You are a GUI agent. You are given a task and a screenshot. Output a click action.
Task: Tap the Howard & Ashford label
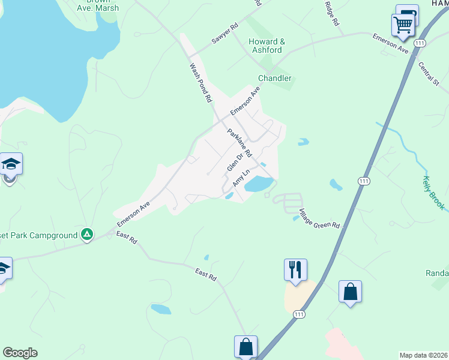pos(267,46)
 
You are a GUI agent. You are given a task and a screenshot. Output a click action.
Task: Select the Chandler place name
pos(274,79)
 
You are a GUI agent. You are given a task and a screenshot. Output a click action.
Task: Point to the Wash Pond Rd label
pos(201,82)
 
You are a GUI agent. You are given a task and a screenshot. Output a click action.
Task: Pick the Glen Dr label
pos(234,162)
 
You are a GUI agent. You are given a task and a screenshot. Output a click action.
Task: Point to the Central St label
pos(429,74)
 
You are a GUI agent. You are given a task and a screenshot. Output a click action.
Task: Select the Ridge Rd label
pos(332,13)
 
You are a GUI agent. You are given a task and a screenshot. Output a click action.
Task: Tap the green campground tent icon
pos(87,235)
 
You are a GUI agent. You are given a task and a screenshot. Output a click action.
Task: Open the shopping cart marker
pos(402,25)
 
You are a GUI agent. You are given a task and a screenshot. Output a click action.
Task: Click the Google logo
pos(20,353)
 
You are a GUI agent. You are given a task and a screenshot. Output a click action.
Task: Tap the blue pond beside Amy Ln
pos(260,184)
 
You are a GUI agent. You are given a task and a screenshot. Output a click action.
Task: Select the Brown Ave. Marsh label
pos(98,5)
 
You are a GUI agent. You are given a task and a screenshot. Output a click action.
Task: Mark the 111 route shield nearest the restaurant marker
pos(298,314)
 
